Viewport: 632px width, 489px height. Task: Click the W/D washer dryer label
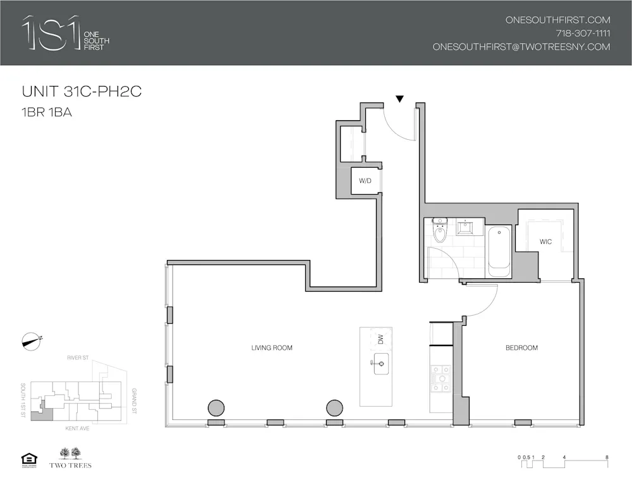click(365, 181)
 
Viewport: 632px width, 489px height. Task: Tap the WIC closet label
click(545, 242)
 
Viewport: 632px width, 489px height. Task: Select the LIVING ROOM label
click(272, 348)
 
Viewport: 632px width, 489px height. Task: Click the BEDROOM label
click(521, 348)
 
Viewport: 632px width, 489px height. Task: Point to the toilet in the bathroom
click(440, 232)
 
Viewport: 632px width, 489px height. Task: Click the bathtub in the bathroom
click(499, 251)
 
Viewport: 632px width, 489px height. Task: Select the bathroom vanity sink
click(466, 226)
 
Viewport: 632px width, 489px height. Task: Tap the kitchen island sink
click(381, 364)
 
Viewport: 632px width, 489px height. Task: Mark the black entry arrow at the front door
click(399, 99)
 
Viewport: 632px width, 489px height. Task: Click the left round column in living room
click(216, 408)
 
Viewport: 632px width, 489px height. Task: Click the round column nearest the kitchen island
click(334, 408)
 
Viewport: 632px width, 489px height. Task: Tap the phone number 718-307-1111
click(583, 34)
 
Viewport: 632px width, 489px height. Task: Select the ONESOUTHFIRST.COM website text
click(557, 20)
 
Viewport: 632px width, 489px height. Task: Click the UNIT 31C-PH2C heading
click(82, 92)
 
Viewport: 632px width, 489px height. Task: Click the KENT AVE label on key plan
click(76, 428)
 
